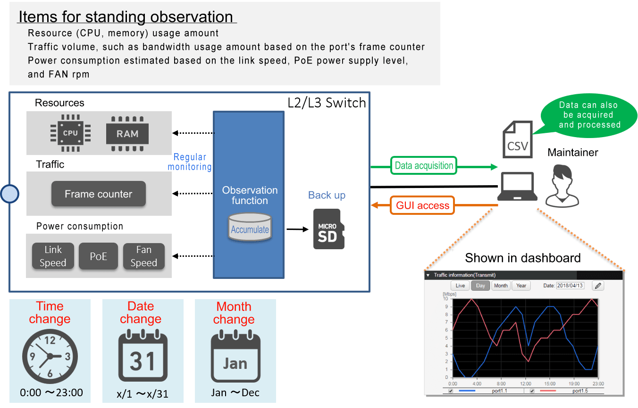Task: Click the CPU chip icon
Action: (x=70, y=133)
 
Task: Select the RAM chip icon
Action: (x=127, y=134)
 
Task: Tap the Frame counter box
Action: (x=98, y=194)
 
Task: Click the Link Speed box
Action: (x=53, y=256)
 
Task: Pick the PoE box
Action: (x=98, y=256)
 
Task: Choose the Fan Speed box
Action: (x=143, y=256)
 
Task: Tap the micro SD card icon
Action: (x=328, y=229)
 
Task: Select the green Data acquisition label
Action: (x=423, y=165)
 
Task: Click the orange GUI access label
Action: (x=422, y=205)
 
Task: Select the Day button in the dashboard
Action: (x=480, y=286)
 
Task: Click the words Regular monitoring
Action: (x=190, y=162)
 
